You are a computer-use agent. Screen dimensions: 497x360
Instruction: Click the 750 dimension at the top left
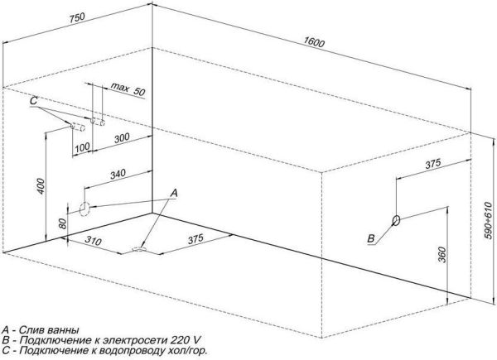(x=77, y=18)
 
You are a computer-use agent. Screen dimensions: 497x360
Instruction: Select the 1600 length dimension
(x=314, y=41)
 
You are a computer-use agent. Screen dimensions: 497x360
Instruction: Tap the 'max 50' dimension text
(x=128, y=89)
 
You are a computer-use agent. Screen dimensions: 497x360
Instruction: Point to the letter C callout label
(x=34, y=101)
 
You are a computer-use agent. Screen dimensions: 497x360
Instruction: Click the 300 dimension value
(x=122, y=138)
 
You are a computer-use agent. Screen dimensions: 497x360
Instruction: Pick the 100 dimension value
(x=82, y=147)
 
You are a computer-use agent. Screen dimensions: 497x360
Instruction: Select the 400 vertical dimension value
(x=41, y=186)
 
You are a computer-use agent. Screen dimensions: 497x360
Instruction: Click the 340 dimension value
(x=118, y=174)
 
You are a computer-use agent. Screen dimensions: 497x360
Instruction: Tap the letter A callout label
(x=174, y=193)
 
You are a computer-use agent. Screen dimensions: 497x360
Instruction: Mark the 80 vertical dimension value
(x=62, y=223)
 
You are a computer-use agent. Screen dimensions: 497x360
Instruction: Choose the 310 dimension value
(x=93, y=241)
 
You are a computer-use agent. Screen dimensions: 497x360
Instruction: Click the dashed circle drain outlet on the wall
(x=84, y=209)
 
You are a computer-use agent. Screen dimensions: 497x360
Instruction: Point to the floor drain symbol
(x=139, y=249)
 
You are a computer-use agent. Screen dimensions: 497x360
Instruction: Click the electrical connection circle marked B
(x=396, y=220)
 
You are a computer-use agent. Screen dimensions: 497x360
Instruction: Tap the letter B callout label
(x=371, y=238)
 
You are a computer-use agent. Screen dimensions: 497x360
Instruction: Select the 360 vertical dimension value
(x=442, y=255)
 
